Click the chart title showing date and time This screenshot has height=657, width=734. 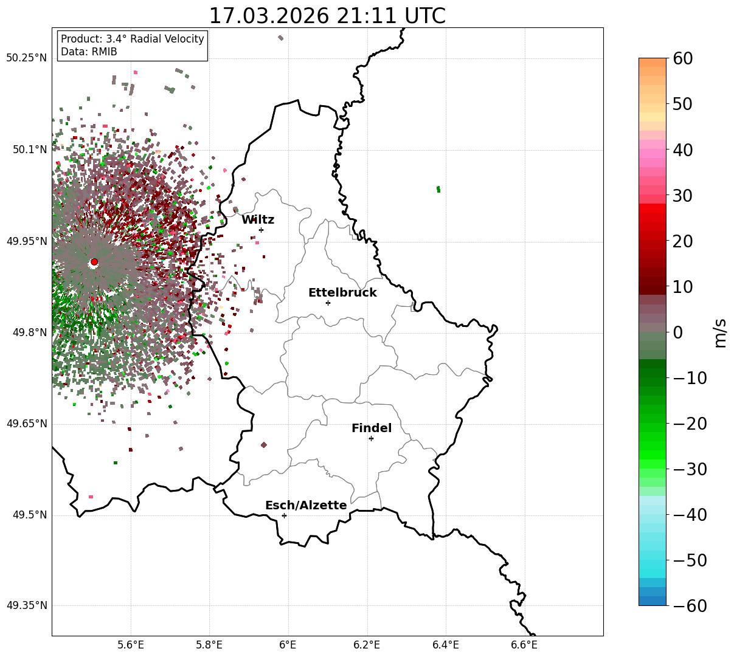(x=327, y=16)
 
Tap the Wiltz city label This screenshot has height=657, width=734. (x=258, y=220)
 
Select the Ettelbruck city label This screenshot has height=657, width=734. (x=342, y=293)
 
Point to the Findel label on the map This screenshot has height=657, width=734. (x=372, y=428)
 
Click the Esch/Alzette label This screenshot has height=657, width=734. (x=306, y=506)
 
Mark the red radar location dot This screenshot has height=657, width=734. (x=94, y=262)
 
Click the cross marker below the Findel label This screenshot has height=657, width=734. (x=371, y=438)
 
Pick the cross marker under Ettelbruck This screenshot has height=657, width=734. (x=328, y=303)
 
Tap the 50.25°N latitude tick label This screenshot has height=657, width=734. (x=26, y=58)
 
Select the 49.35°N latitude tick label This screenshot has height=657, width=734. (x=26, y=606)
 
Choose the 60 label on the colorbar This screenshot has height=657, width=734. (x=684, y=59)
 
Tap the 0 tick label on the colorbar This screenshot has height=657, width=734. (x=677, y=332)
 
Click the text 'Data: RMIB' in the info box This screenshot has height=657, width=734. (x=89, y=52)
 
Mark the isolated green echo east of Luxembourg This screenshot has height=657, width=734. (x=438, y=189)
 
